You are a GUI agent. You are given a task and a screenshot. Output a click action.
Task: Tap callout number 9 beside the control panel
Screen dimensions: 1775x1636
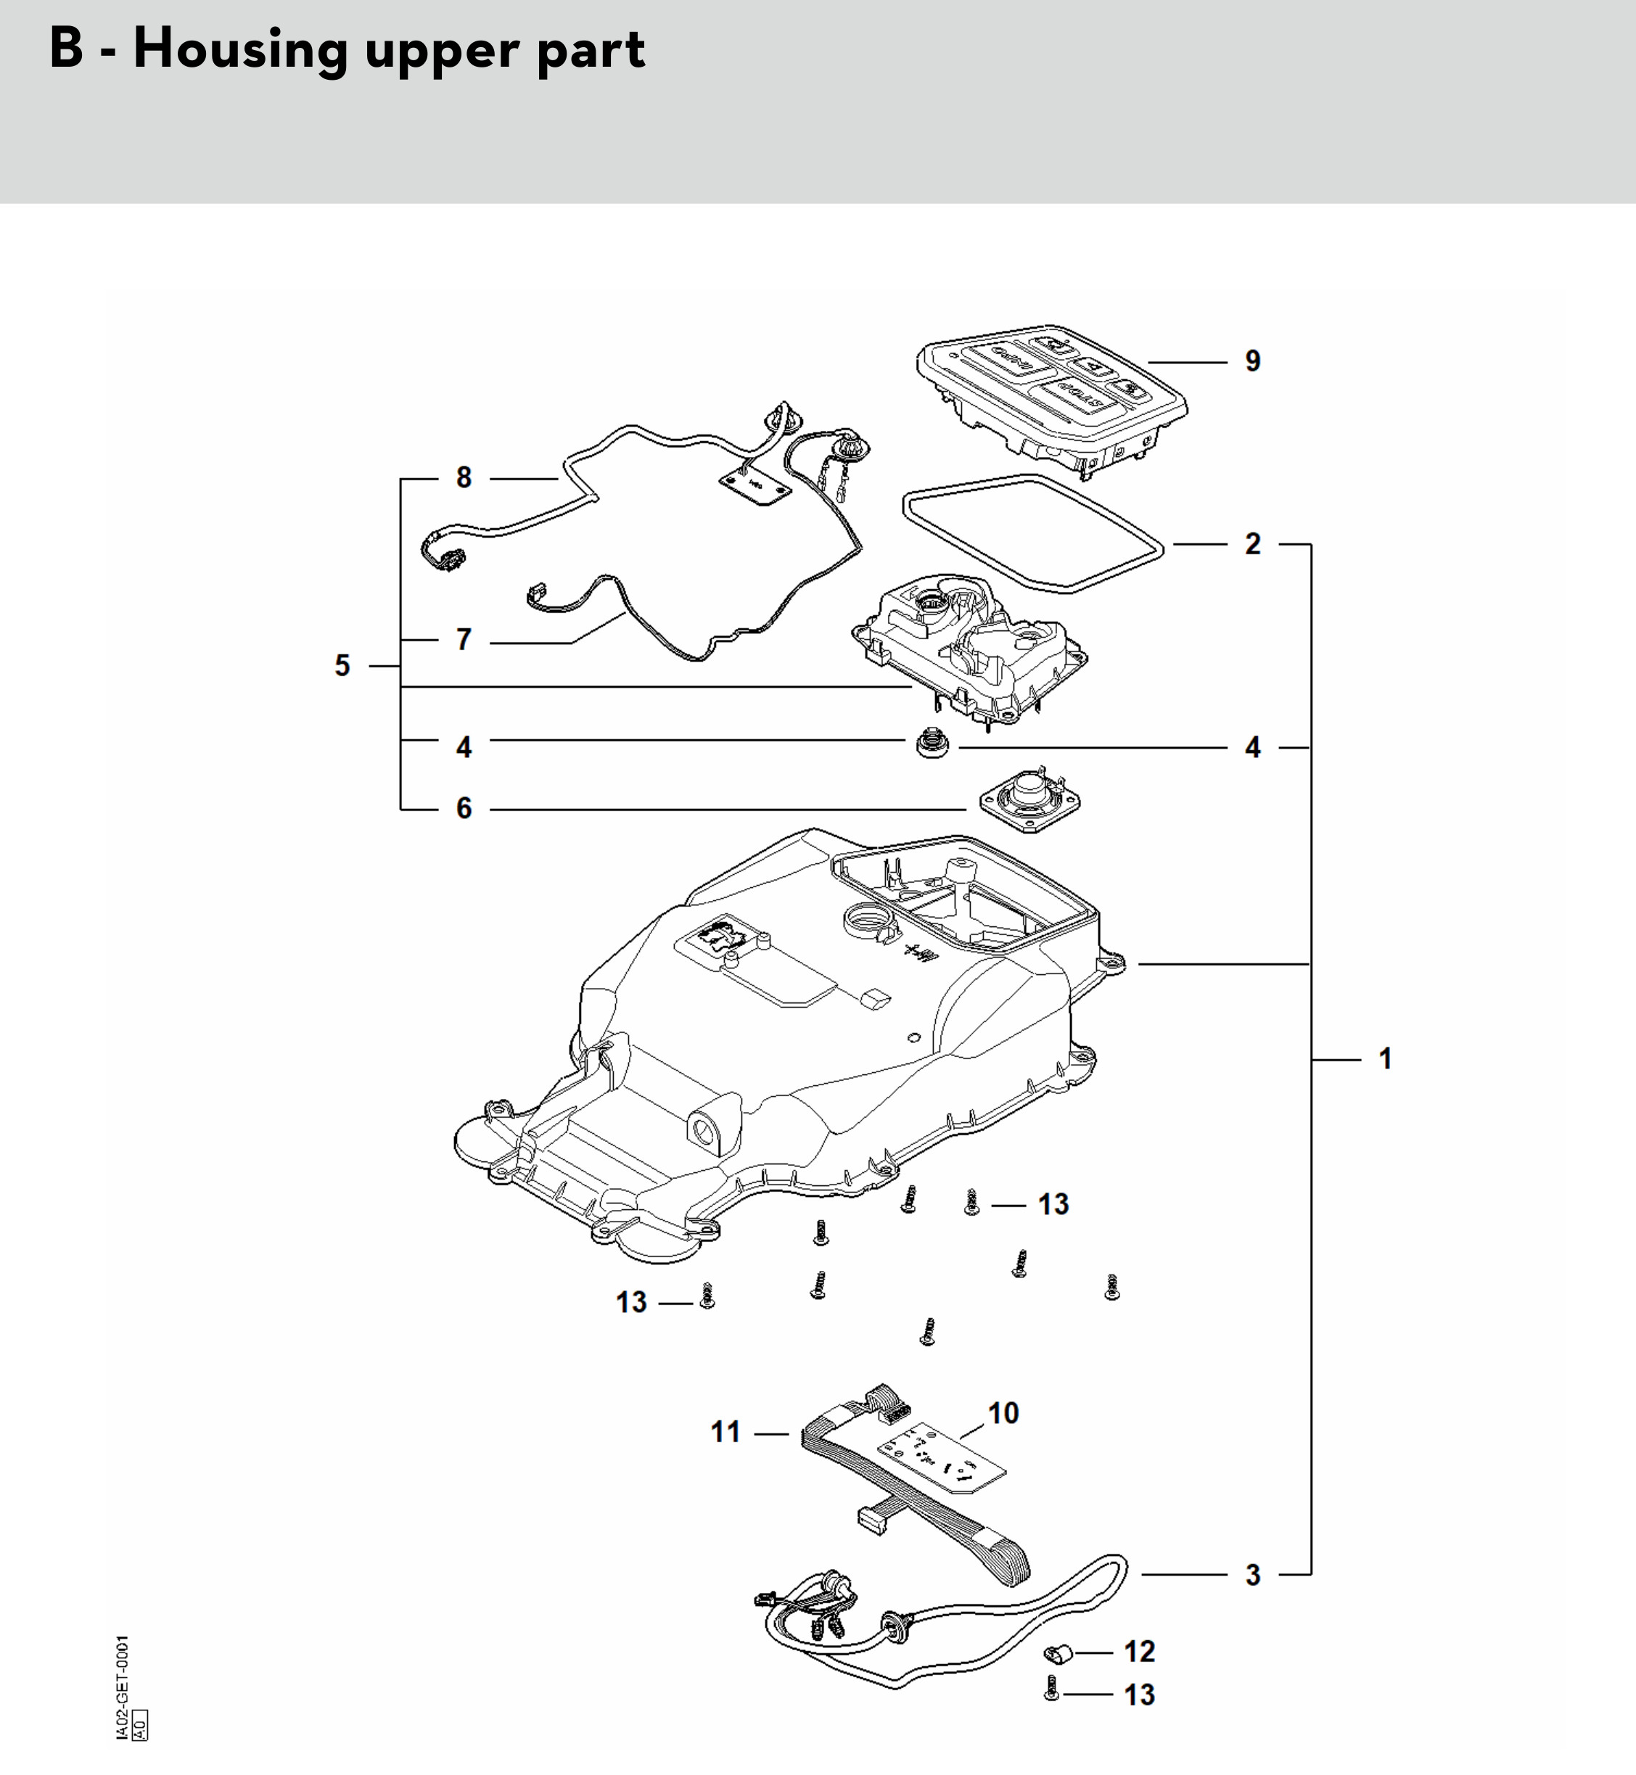(1251, 361)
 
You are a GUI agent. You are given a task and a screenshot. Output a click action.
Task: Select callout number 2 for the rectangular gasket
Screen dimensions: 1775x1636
(1251, 543)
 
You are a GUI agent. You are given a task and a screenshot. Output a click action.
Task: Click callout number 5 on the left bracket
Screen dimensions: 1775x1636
(342, 665)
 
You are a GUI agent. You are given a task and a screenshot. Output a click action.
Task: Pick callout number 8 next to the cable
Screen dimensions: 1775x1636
(464, 478)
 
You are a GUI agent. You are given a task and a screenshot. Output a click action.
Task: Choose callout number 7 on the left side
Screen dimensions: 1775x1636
(464, 639)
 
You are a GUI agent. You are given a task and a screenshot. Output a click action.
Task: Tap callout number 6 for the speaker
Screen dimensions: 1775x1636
(464, 808)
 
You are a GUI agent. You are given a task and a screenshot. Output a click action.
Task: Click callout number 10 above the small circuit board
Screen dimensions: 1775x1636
(1003, 1412)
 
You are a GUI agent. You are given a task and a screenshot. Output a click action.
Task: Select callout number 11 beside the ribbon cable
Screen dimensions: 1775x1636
(725, 1431)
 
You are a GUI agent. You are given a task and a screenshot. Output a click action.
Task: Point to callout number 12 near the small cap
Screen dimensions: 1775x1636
(1139, 1651)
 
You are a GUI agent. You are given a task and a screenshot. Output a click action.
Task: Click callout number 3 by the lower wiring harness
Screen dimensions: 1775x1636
(1251, 1574)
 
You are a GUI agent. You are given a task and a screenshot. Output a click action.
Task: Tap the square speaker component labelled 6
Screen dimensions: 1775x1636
(1029, 799)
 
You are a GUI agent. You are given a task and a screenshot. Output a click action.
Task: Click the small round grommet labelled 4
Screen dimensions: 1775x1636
(932, 742)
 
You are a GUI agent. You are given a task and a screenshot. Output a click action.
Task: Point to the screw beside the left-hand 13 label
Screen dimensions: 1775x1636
(707, 1296)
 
